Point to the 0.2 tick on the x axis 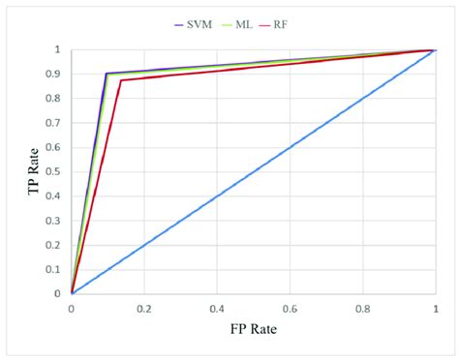pos(144,308)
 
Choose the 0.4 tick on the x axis pos(217,308)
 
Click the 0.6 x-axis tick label pos(290,308)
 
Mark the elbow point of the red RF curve pos(120,80)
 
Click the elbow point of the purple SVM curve pos(106,74)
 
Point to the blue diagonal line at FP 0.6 pos(290,147)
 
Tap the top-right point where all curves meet pos(434,49)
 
